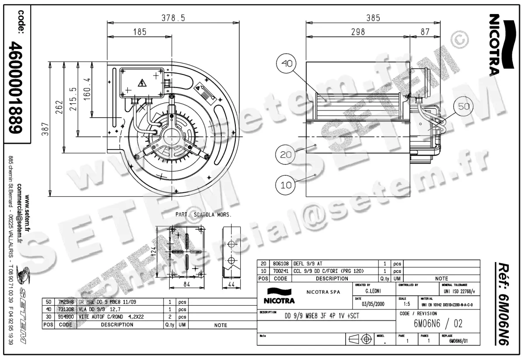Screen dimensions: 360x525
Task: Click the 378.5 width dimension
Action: pyautogui.click(x=173, y=18)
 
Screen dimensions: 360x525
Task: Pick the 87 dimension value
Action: pyautogui.click(x=424, y=31)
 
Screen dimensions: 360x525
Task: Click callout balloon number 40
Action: pyautogui.click(x=287, y=64)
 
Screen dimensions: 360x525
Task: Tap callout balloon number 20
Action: pyautogui.click(x=286, y=154)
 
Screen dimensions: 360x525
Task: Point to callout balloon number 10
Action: pyautogui.click(x=286, y=185)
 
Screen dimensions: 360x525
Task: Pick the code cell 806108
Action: pyautogui.click(x=280, y=264)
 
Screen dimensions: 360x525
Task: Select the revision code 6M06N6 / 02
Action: pyautogui.click(x=437, y=324)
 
